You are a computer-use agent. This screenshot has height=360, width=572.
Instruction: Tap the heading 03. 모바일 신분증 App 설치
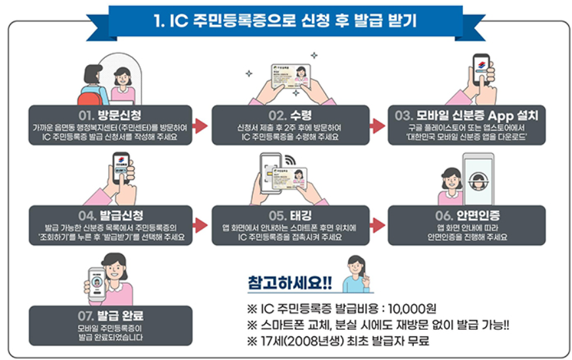[467, 114]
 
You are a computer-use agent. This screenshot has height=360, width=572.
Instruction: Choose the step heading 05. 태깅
[290, 215]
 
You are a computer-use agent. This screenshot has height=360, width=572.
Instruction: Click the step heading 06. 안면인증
[467, 215]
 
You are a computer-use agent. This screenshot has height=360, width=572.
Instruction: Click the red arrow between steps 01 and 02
[200, 125]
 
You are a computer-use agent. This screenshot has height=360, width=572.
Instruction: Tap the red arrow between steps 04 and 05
[200, 225]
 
